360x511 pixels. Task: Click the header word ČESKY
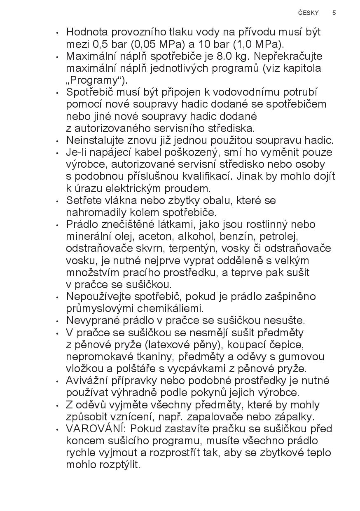pos(309,13)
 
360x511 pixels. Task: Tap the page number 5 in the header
pos(334,13)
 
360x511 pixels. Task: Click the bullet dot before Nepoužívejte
pos(58,297)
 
